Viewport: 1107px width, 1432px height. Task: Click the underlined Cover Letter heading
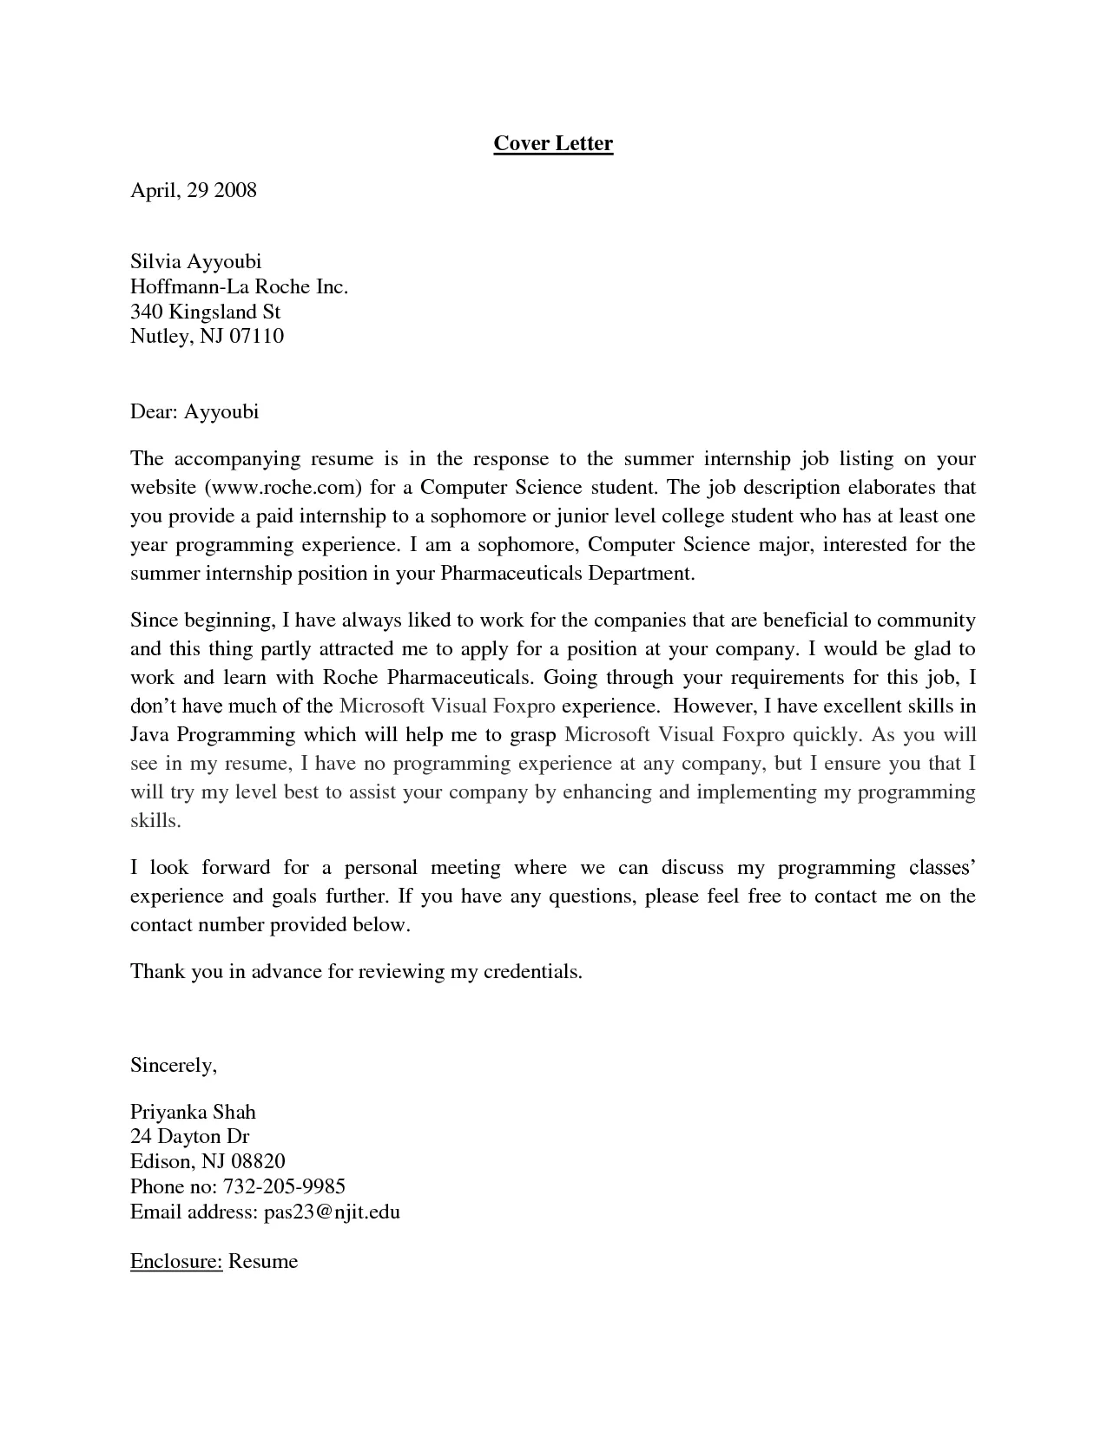pos(553,143)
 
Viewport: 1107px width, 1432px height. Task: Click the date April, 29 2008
pos(194,190)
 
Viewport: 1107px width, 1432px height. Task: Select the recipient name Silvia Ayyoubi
pos(195,261)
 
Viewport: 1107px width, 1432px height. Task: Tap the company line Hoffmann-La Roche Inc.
pos(239,286)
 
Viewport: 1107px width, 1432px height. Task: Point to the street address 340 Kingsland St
pos(205,312)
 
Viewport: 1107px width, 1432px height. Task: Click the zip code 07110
pos(256,336)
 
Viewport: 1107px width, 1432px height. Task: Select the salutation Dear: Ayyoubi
pos(194,411)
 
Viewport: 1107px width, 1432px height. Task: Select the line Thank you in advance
pos(355,972)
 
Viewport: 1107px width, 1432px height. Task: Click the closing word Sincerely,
pos(173,1065)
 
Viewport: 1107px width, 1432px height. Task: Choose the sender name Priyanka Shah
pos(193,1112)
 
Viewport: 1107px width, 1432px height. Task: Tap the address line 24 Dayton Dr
pos(189,1136)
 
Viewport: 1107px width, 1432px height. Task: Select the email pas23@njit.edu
pos(331,1212)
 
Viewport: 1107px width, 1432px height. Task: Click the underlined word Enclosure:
pos(176,1261)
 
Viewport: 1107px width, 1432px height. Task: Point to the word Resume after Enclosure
pos(263,1261)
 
